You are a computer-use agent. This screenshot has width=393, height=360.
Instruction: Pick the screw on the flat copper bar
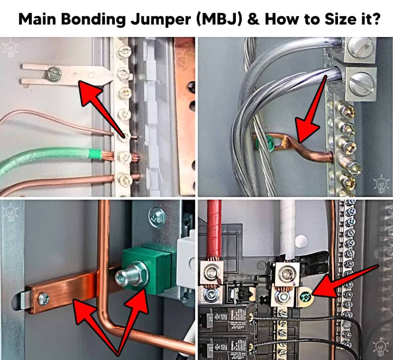pos(43,298)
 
